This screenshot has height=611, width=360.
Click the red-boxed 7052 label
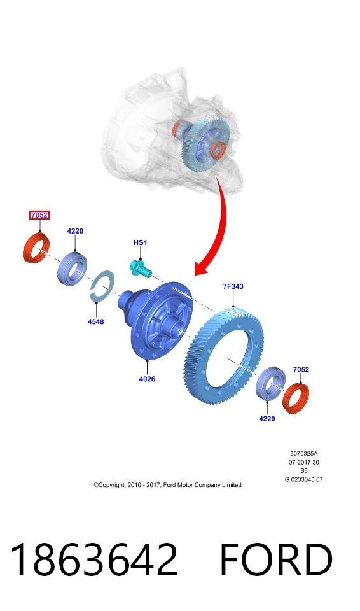tap(39, 215)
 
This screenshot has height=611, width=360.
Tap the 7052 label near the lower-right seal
tap(301, 369)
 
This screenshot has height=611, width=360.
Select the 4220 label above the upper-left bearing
tap(75, 231)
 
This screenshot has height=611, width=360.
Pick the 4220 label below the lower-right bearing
tap(267, 419)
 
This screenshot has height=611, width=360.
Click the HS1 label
tap(141, 242)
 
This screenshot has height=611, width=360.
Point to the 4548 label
tap(95, 322)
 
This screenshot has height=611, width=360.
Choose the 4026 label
tap(147, 379)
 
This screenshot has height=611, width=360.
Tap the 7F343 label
tap(233, 287)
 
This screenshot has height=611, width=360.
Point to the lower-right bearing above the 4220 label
tap(270, 383)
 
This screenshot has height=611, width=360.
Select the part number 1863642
tap(94, 559)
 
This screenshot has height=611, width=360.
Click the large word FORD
tap(276, 559)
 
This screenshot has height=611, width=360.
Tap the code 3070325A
tap(304, 454)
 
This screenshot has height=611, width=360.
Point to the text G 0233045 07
tap(304, 480)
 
